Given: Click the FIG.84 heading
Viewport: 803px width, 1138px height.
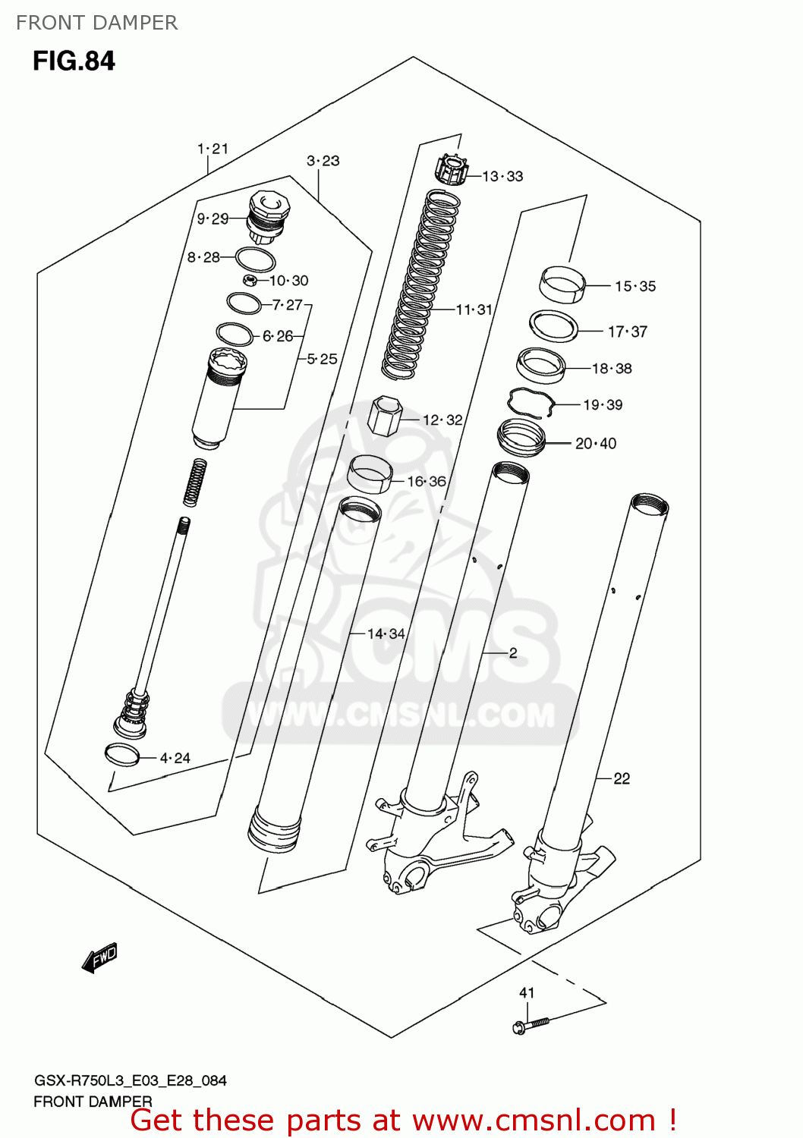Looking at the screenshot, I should (x=74, y=61).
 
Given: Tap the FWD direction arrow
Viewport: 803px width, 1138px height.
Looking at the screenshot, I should (x=100, y=957).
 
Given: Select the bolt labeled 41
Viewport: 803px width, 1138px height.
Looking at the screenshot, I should (x=531, y=1024).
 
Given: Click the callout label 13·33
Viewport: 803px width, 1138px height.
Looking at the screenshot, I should (x=502, y=176).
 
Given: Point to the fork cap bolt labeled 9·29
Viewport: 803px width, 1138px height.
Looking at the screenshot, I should (x=266, y=216).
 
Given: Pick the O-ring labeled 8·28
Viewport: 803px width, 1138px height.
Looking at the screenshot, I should (x=255, y=259).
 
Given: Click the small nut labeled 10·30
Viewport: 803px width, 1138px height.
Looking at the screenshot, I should (x=250, y=281).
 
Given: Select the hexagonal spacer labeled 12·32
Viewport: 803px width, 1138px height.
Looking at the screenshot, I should (x=383, y=415).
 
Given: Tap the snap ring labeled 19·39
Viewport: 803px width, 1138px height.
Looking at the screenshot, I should (x=531, y=402).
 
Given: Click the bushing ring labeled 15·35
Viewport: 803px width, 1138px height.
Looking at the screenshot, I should (x=562, y=284).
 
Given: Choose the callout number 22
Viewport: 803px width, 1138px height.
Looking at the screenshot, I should (x=622, y=778).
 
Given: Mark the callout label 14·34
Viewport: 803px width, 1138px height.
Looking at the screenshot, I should (x=386, y=633).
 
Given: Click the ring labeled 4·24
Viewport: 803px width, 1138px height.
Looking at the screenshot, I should (x=122, y=755).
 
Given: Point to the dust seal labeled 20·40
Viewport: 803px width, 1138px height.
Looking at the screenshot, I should (x=521, y=439).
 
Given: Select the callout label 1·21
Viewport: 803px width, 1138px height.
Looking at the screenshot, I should (x=213, y=149).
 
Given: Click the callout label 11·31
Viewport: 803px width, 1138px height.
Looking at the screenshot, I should (x=474, y=310).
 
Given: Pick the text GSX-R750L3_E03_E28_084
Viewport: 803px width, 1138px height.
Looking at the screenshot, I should (x=130, y=1080).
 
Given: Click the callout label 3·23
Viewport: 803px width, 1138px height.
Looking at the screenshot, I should (x=323, y=161).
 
